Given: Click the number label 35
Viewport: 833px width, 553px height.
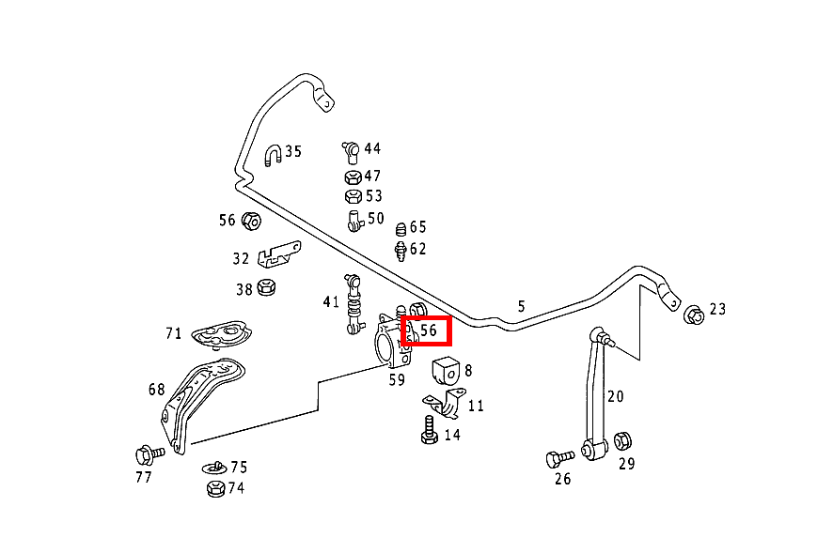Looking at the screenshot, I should tap(293, 151).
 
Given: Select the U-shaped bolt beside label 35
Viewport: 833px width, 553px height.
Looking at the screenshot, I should tap(273, 156).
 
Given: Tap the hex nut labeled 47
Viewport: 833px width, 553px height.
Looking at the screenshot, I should tap(351, 177).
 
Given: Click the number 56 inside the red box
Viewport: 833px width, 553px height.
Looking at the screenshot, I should tap(429, 331).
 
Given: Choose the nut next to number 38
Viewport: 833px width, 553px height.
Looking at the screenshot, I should tap(266, 287).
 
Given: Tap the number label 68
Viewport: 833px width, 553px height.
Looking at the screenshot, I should tap(156, 389).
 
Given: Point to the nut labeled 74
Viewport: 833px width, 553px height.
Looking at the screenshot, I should tap(214, 488).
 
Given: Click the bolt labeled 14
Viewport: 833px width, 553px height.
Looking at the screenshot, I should tap(429, 433).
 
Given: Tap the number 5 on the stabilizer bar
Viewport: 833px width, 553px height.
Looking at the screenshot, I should tap(521, 305).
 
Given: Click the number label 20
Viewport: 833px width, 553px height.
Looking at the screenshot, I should tap(615, 396).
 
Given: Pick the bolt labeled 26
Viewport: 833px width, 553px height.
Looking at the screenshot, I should tap(558, 458).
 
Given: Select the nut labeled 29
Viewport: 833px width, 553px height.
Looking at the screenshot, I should tap(622, 440).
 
